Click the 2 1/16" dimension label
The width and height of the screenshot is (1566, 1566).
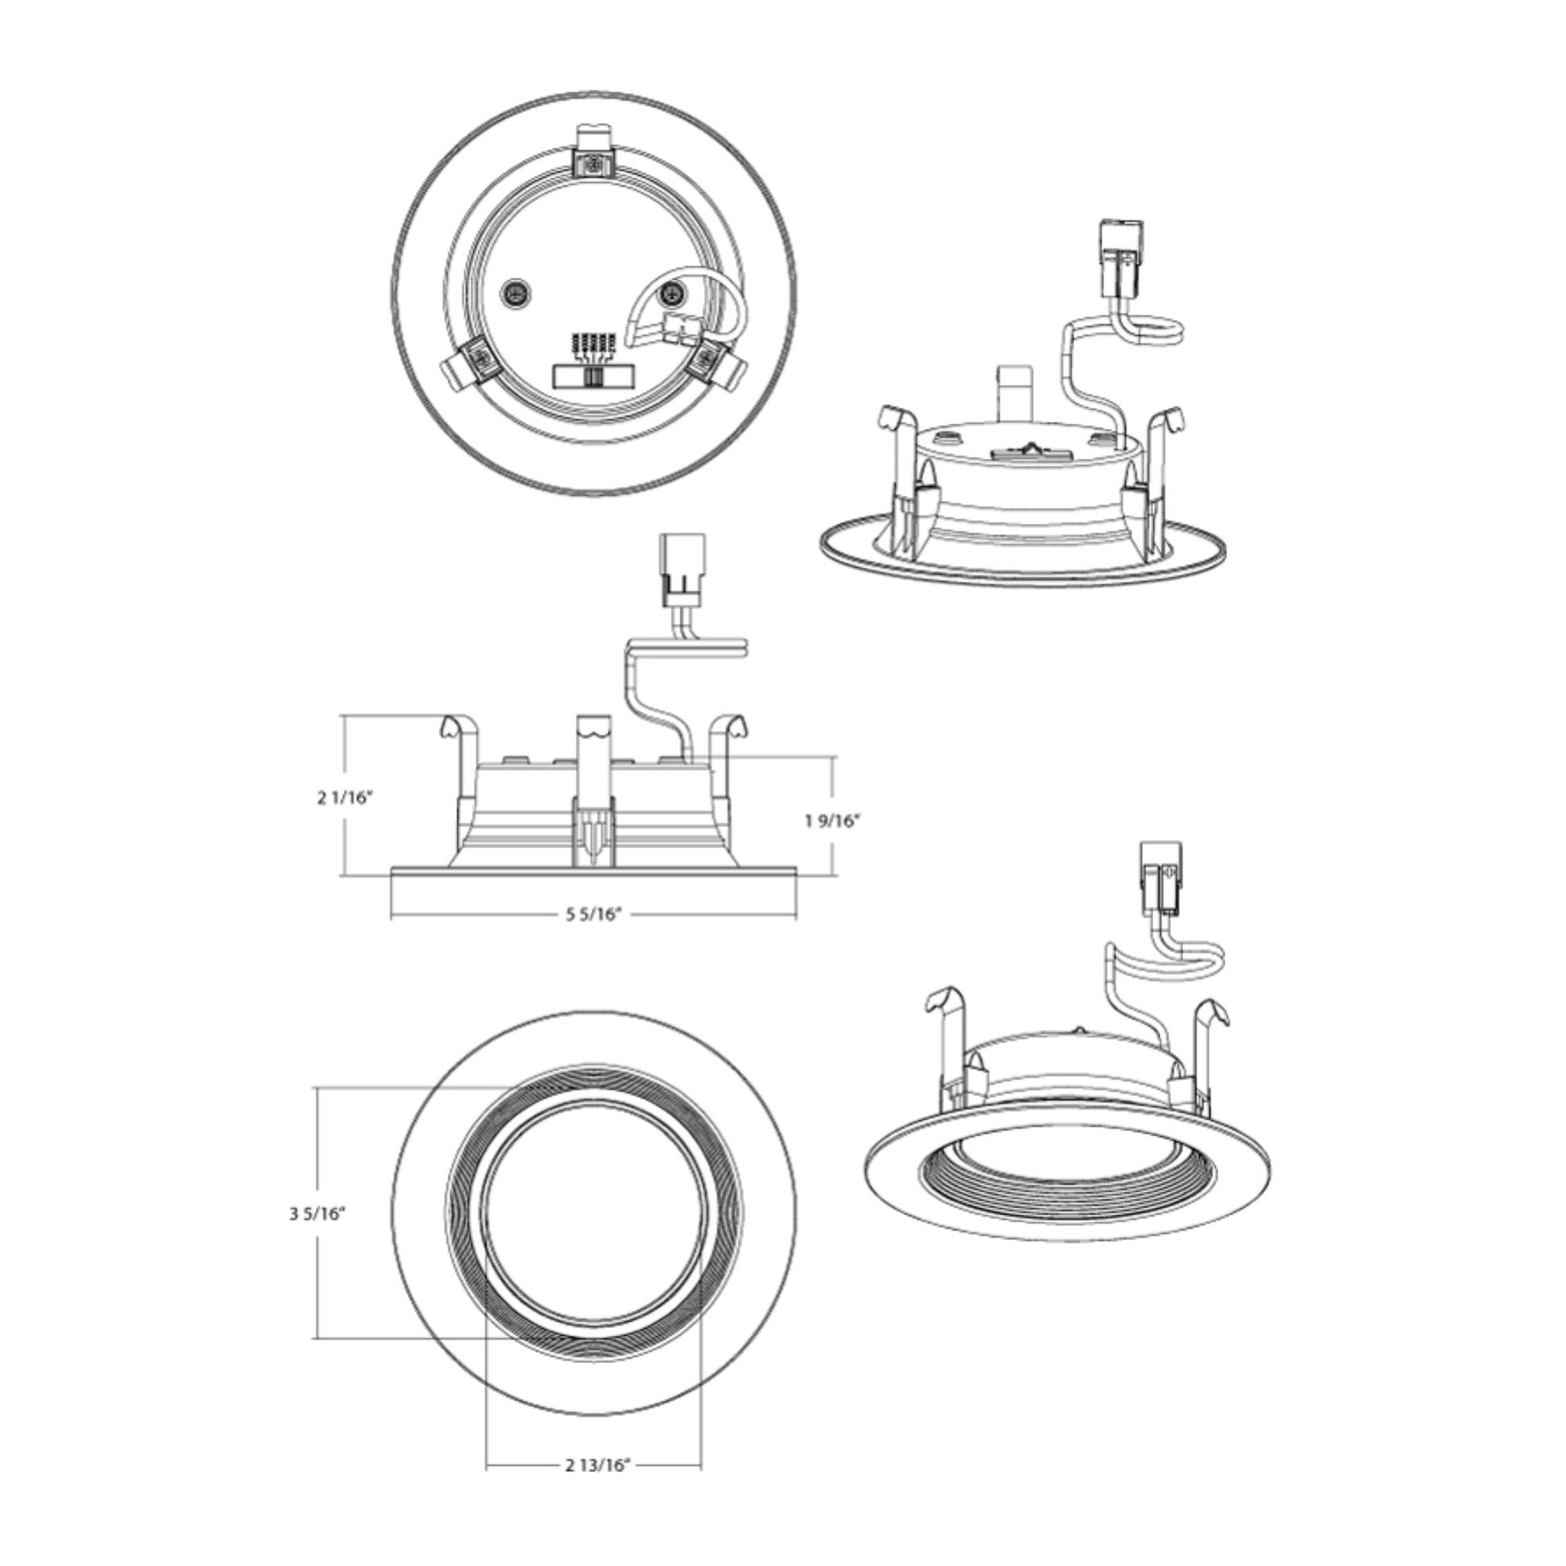tap(344, 797)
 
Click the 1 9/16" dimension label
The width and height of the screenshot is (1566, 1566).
tap(831, 821)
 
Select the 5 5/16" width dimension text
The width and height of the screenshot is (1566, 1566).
tap(593, 914)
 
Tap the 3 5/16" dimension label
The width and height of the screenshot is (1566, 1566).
tap(318, 1214)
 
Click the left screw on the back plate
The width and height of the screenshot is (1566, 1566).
tap(513, 292)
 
